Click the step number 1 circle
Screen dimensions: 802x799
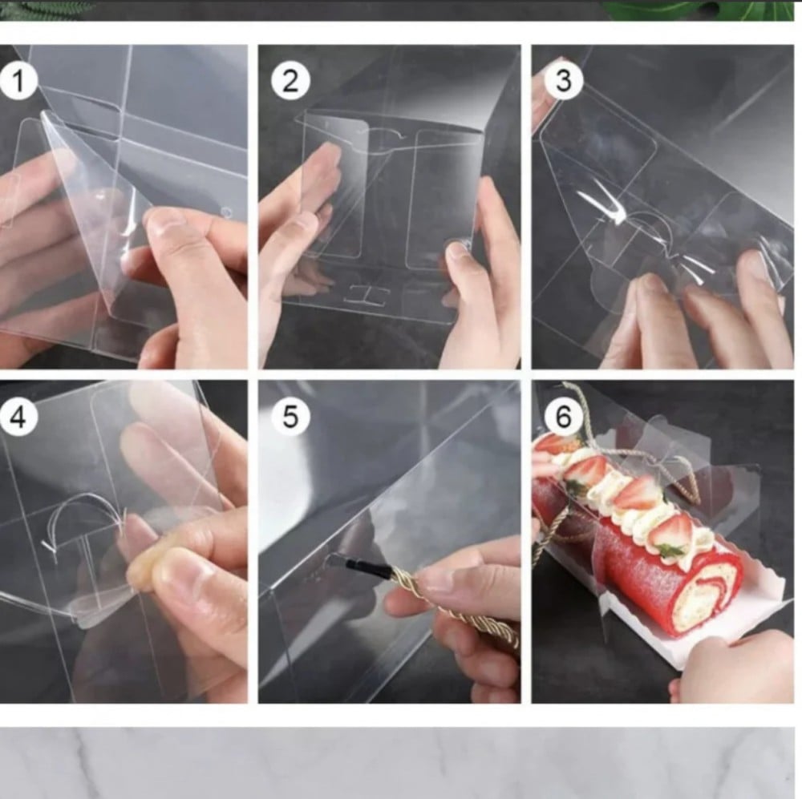(18, 81)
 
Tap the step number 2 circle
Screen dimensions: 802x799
(290, 81)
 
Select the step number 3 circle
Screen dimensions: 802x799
(563, 81)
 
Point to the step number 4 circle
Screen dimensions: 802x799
(18, 417)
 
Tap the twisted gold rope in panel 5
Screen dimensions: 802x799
(450, 603)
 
